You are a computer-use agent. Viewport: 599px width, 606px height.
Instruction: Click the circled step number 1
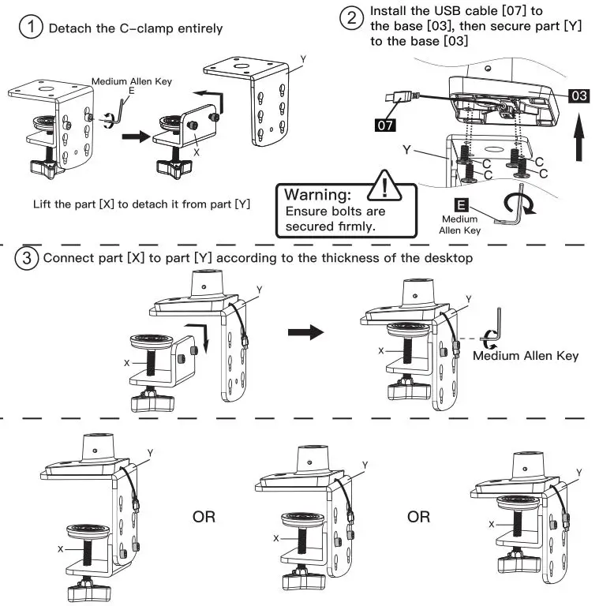coord(31,28)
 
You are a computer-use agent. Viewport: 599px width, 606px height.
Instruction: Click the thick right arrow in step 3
coord(305,331)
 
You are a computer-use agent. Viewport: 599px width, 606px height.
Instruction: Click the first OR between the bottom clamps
coord(204,518)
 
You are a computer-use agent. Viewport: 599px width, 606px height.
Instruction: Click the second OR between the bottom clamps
coord(418,518)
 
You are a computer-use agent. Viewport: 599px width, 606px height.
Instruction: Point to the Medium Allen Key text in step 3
coord(525,356)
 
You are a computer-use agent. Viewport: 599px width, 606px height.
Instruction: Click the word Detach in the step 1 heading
coord(69,28)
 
